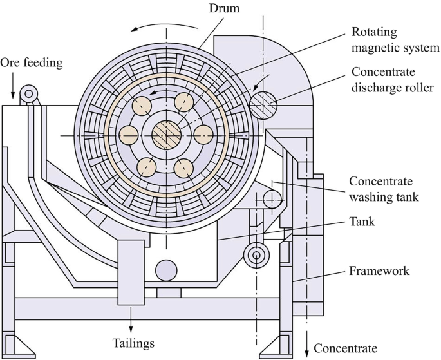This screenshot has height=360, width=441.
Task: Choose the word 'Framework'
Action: pyautogui.click(x=379, y=271)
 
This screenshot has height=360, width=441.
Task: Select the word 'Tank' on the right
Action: pyautogui.click(x=362, y=222)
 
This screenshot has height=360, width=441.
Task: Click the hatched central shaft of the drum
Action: pyautogui.click(x=165, y=134)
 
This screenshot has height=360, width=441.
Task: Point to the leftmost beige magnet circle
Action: pyautogui.click(x=129, y=134)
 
